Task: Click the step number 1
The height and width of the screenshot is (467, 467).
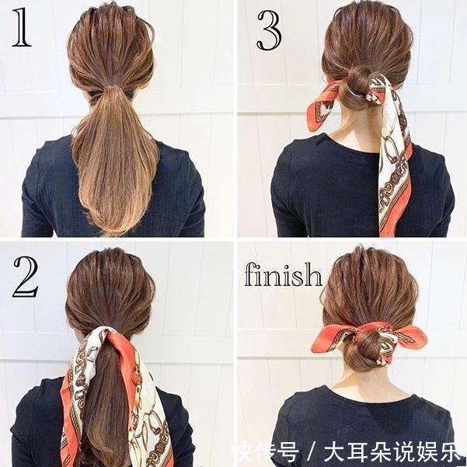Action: (21, 27)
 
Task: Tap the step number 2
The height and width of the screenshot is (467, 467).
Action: (26, 277)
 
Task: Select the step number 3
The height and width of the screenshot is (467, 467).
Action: (269, 30)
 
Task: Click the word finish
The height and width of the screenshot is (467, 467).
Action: (283, 274)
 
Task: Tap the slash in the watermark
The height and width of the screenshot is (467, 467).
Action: (311, 453)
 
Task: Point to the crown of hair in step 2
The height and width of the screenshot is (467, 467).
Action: (110, 268)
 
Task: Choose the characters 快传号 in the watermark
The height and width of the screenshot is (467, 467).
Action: (266, 453)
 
